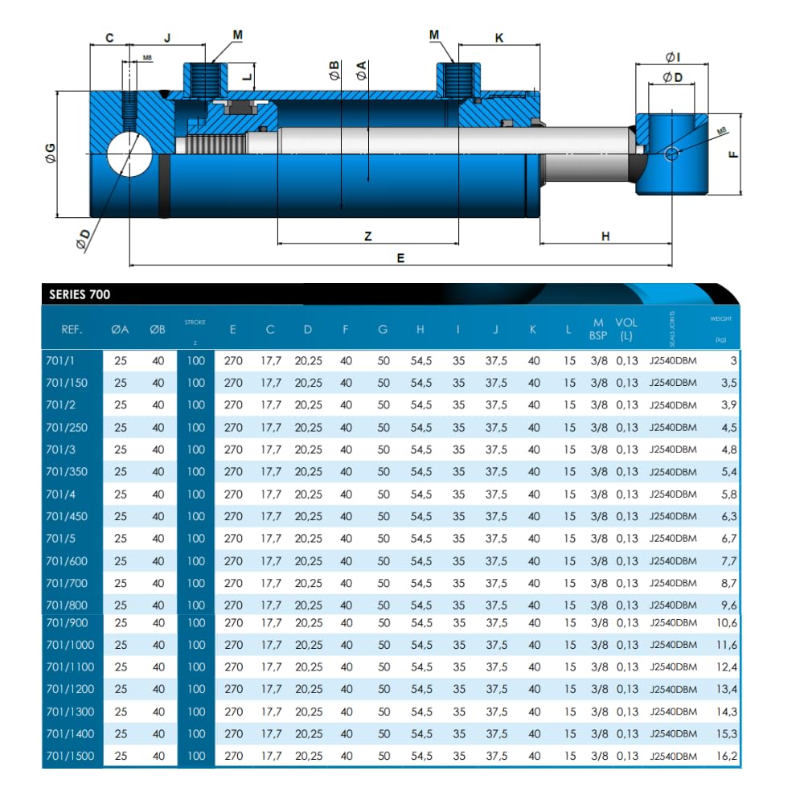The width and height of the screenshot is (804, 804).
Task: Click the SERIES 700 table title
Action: click(80, 294)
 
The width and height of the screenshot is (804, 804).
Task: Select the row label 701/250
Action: click(67, 427)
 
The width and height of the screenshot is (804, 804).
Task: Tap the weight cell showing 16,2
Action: click(727, 756)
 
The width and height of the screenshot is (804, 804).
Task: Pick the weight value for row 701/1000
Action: click(727, 645)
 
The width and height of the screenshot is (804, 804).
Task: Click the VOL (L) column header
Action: click(626, 329)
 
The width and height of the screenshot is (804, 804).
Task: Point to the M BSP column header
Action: click(598, 329)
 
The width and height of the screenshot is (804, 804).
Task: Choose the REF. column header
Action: click(72, 329)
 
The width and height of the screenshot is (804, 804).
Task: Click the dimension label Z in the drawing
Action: click(368, 236)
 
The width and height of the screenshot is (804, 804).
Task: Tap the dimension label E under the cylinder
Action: click(401, 258)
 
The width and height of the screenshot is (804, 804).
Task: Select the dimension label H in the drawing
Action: click(605, 236)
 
